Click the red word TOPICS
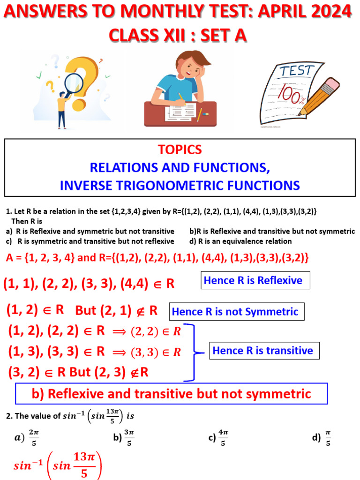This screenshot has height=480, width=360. click(x=180, y=150)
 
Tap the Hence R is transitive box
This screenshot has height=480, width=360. click(x=262, y=351)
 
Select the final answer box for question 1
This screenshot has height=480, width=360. click(x=171, y=393)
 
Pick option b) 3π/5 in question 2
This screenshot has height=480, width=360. click(x=123, y=438)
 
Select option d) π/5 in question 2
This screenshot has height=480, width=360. click(x=322, y=438)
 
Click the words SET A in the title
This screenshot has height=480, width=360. click(x=220, y=35)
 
